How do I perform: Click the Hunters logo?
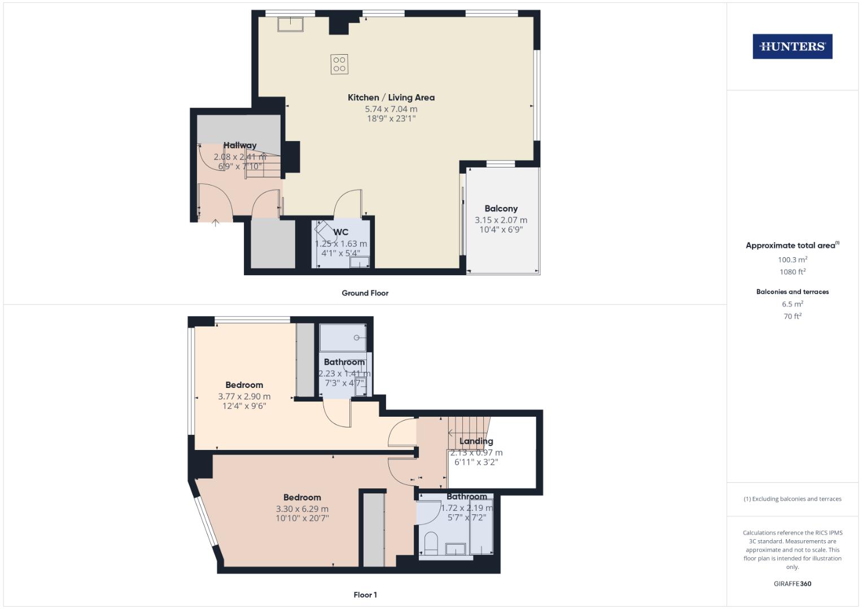click(792, 47)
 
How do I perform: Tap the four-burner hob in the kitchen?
click(339, 64)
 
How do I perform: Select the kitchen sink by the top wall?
click(291, 24)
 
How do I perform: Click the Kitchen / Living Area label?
click(391, 98)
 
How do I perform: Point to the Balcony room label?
click(501, 209)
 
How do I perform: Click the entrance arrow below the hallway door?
click(215, 223)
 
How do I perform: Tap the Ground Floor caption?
click(365, 293)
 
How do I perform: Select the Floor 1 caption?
click(365, 595)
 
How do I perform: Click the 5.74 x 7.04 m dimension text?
click(391, 109)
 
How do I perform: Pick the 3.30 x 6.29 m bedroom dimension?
click(302, 509)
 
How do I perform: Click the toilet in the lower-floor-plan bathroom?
click(431, 542)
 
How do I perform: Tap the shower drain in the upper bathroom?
click(357, 338)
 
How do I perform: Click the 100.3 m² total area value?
click(792, 260)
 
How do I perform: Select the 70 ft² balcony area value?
click(792, 316)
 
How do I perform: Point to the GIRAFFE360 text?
click(792, 584)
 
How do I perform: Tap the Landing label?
click(476, 441)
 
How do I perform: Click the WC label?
click(340, 232)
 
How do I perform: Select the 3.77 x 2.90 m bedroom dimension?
click(244, 396)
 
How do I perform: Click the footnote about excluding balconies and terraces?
click(792, 499)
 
